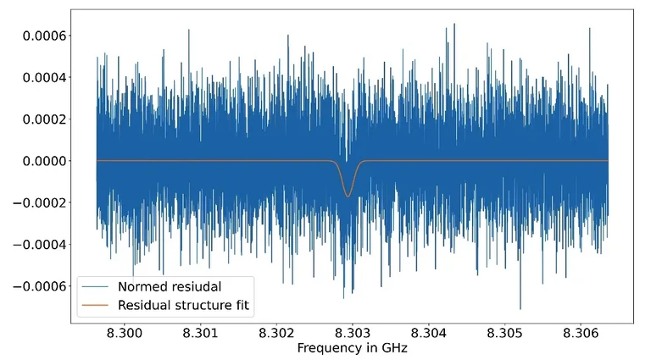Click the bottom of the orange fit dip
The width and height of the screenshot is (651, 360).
(x=348, y=197)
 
